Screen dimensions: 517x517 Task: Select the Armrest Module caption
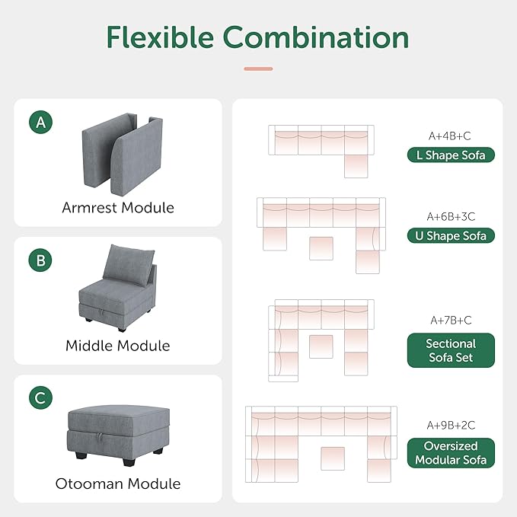[x=118, y=207]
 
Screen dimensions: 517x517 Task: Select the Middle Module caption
[x=118, y=345]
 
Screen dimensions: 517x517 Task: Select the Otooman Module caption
[x=118, y=483]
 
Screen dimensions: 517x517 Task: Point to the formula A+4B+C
[x=449, y=136]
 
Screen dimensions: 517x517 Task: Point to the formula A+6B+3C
[x=450, y=216]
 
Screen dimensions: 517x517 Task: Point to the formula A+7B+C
[x=449, y=320]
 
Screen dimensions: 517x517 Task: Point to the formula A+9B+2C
[x=450, y=425]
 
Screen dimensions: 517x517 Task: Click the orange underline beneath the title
[x=258, y=69]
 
